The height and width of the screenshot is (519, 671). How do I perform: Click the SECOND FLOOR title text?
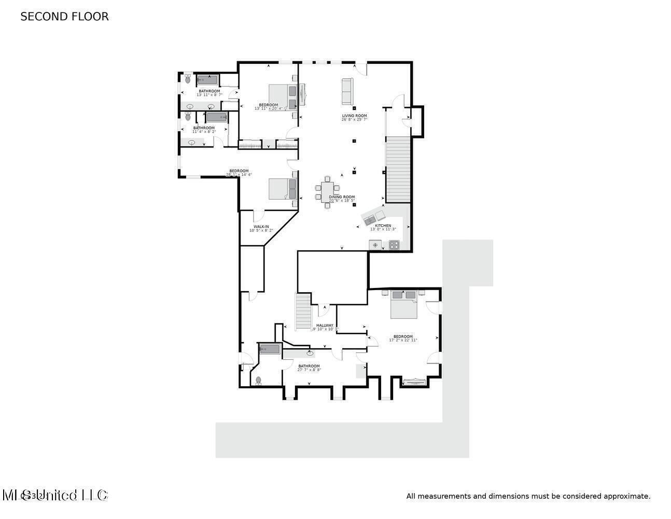tap(64, 17)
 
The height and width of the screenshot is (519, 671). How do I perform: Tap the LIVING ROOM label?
tap(354, 116)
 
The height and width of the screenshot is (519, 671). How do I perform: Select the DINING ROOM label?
tap(342, 197)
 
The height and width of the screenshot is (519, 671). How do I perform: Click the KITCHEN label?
tap(383, 226)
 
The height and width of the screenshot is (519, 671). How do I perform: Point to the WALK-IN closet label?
tap(261, 227)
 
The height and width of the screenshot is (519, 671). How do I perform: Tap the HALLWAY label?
tap(325, 325)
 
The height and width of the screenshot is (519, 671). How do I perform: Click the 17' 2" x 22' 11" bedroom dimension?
tap(403, 340)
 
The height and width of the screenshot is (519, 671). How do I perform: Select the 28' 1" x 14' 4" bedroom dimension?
tap(239, 175)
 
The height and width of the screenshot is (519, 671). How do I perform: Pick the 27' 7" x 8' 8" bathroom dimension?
tap(309, 370)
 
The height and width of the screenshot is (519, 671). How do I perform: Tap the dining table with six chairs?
tap(327, 192)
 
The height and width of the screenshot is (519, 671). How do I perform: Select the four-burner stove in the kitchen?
tap(394, 244)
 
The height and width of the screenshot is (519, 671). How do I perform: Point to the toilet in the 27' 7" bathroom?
tap(258, 380)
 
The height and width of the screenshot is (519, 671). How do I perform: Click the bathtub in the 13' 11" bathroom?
tap(208, 80)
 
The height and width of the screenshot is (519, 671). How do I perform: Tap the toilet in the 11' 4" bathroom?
tap(188, 116)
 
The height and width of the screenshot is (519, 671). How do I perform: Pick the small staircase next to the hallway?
tap(303, 311)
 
